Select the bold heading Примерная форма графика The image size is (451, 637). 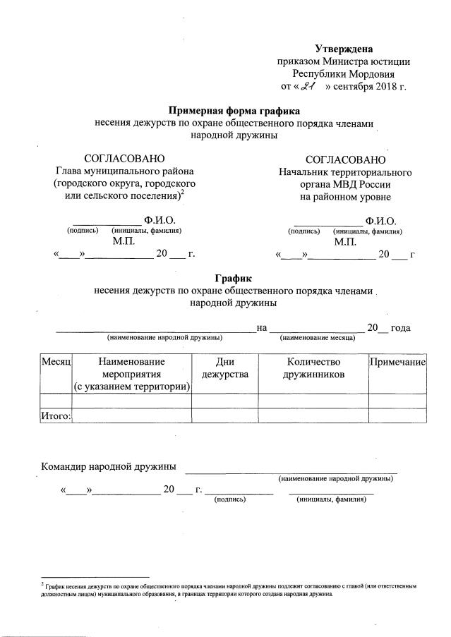[x=234, y=111]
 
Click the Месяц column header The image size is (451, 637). [x=56, y=360]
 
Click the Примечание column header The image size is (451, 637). [x=397, y=360]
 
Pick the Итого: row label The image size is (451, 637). [x=56, y=416]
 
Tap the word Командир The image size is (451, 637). [x=66, y=466]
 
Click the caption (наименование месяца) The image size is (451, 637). [x=318, y=339]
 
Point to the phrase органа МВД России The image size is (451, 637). [x=344, y=184]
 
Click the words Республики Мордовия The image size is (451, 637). [x=344, y=73]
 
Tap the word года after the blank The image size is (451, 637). [x=401, y=327]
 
